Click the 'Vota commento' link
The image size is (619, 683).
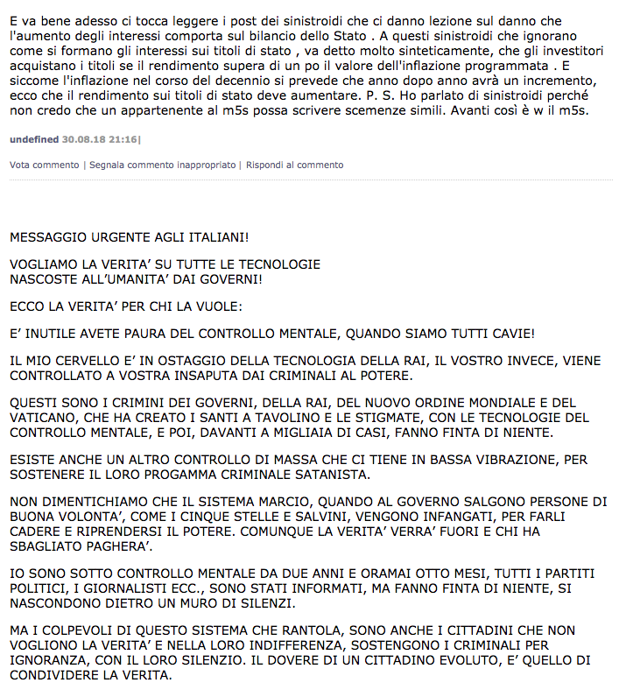(x=44, y=165)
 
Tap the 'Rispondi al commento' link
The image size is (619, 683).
(x=294, y=165)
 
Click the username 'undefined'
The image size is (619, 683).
(x=34, y=139)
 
